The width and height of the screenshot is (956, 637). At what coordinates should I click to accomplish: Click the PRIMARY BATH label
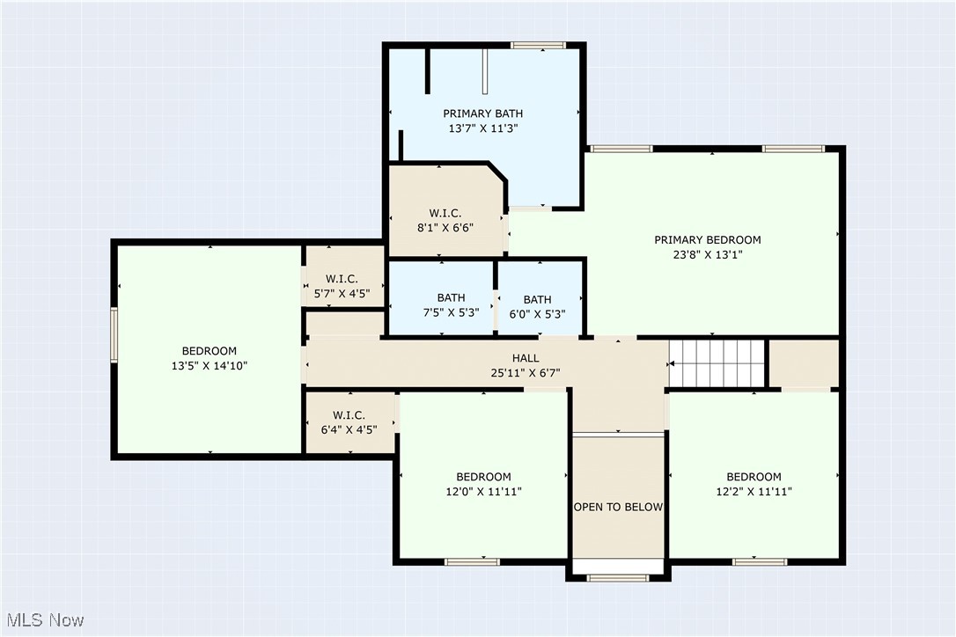482,113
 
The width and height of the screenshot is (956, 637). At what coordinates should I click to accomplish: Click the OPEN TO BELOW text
618,507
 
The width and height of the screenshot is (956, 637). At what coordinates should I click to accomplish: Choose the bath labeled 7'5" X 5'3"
451,305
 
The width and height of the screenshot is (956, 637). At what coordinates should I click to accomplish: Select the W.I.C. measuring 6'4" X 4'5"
349,422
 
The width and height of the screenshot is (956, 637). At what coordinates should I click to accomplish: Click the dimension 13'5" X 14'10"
210,366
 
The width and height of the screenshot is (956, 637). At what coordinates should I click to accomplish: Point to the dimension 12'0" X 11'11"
483,492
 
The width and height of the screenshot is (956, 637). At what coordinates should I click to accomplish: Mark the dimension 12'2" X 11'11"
754,492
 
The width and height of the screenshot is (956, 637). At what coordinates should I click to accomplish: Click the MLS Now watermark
43,620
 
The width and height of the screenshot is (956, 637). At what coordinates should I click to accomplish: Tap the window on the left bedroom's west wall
114,334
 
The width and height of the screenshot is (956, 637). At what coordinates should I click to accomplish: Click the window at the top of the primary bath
538,45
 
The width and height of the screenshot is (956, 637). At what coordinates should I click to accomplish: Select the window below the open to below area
617,578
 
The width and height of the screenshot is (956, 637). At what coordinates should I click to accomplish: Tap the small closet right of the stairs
803,363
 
